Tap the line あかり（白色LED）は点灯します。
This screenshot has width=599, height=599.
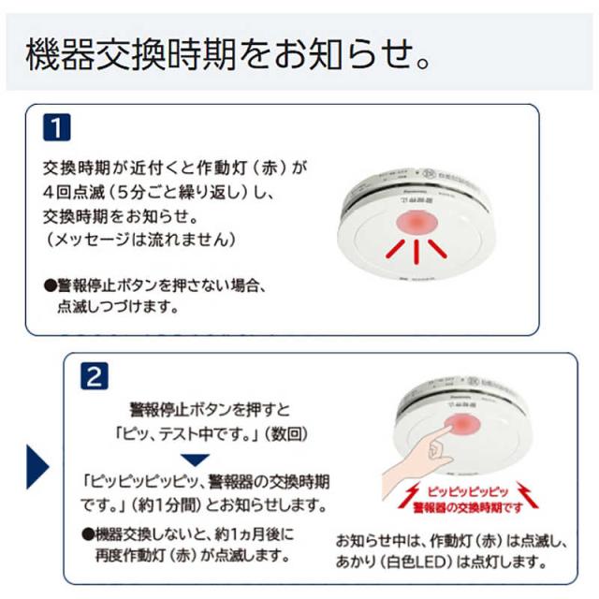[x=440, y=562]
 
